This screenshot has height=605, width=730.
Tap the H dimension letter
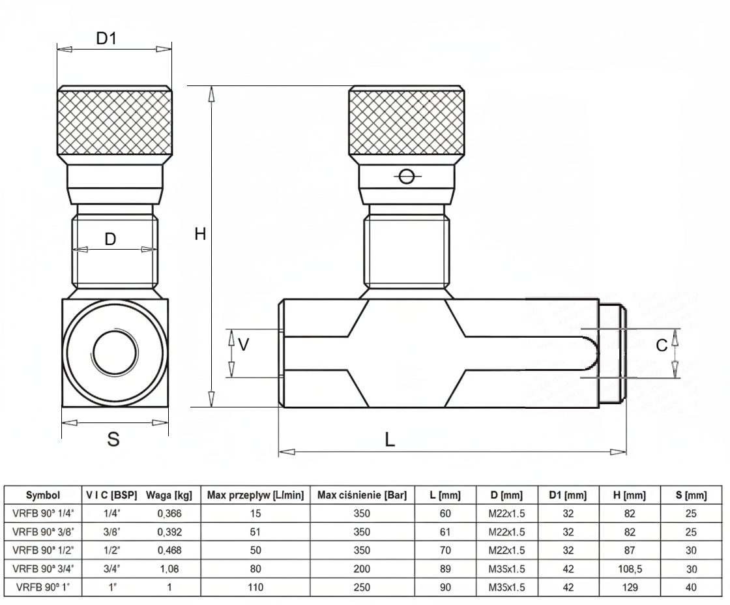point(200,234)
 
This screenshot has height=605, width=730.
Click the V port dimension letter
point(243,344)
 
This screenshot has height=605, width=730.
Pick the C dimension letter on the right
point(662,346)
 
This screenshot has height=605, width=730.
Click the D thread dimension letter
point(111,239)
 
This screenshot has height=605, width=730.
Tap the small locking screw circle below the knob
point(407,177)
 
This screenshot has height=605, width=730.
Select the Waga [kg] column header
point(169,496)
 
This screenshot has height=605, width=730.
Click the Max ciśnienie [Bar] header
point(362,496)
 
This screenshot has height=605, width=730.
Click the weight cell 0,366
point(169,514)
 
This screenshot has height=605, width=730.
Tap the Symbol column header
point(44,496)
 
